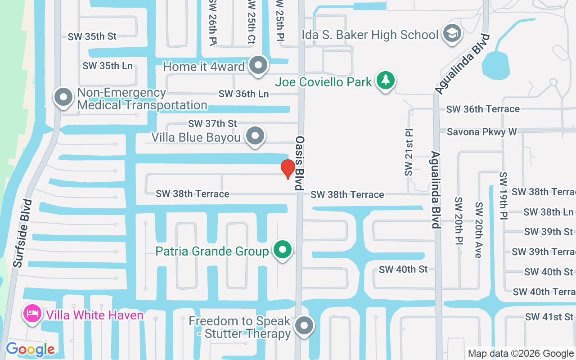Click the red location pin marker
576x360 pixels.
(288, 169)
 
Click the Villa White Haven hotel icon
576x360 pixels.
(32, 314)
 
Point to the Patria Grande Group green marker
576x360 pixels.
(283, 250)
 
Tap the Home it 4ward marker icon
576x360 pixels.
(258, 66)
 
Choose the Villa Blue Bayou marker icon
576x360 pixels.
(256, 136)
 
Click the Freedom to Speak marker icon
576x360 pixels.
(304, 325)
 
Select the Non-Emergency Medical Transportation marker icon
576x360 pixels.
(63, 98)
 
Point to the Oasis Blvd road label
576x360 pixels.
(301, 162)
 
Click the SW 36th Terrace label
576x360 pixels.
(483, 109)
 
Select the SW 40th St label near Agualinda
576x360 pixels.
(403, 270)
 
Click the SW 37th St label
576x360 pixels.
(212, 123)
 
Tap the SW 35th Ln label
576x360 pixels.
(108, 66)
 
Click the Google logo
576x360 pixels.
(30, 349)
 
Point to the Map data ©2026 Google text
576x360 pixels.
(520, 354)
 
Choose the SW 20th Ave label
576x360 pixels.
(478, 230)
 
